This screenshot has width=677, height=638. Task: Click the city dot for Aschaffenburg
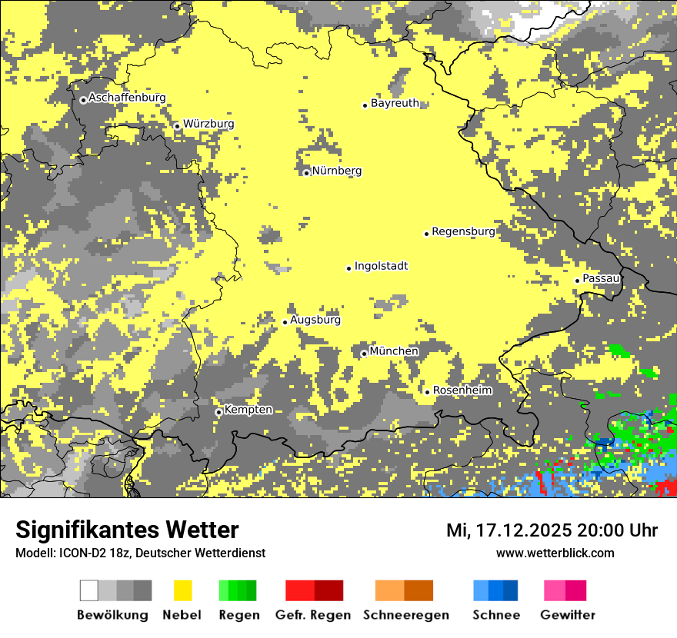(x=83, y=100)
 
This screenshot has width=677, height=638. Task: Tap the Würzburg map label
(x=208, y=124)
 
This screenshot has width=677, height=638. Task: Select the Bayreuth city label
(x=395, y=103)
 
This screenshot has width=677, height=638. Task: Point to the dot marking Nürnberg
(x=306, y=173)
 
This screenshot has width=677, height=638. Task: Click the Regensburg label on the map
(x=463, y=231)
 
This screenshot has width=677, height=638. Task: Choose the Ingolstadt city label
(x=381, y=266)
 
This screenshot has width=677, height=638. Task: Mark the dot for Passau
(x=577, y=281)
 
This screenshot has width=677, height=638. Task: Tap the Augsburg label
(x=315, y=320)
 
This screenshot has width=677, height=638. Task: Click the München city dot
(x=364, y=354)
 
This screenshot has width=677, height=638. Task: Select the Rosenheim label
(x=462, y=390)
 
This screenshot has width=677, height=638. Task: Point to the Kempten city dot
(x=218, y=412)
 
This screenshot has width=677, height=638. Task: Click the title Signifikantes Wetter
(x=127, y=530)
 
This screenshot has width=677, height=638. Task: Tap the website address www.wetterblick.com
(x=555, y=553)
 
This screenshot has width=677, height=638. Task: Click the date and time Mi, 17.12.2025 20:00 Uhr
(x=552, y=530)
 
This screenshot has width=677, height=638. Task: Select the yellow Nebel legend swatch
(x=182, y=590)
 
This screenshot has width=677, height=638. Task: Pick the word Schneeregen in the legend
(x=406, y=615)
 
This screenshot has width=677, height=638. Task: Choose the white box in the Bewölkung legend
(x=89, y=590)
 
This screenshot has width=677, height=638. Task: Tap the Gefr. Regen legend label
(x=312, y=615)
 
